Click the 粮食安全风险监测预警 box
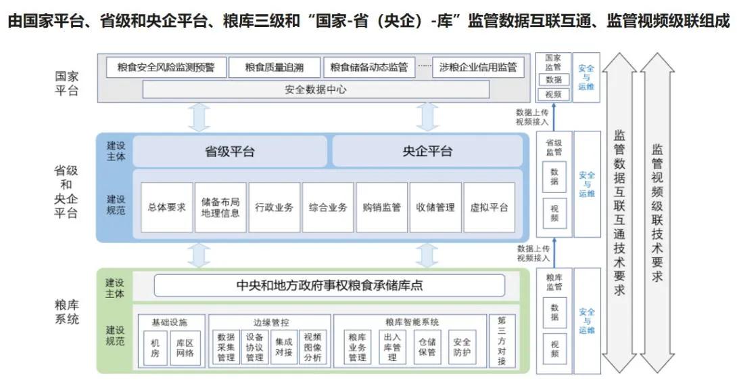click(166, 67)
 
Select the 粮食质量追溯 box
click(274, 67)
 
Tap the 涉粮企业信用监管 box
click(478, 67)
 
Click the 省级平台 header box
click(230, 151)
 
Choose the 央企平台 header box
click(427, 151)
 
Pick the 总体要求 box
click(166, 207)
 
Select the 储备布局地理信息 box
click(220, 207)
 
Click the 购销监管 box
click(382, 207)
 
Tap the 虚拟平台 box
click(489, 207)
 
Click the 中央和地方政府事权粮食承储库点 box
click(329, 286)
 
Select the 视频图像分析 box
click(312, 347)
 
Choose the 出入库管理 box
click(392, 347)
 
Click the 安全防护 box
click(462, 347)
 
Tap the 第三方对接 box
click(501, 341)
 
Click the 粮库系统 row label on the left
click(67, 312)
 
